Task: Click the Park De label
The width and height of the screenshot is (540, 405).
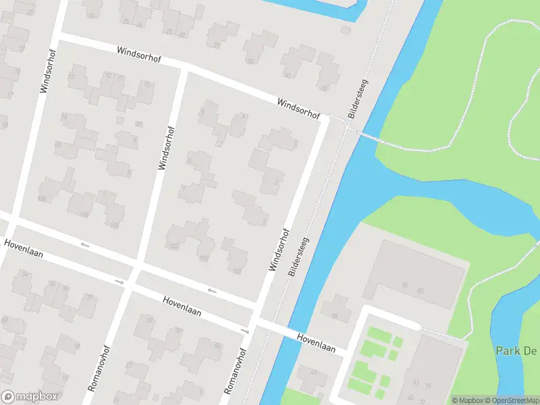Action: (x=516, y=351)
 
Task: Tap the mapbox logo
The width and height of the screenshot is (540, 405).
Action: (x=30, y=397)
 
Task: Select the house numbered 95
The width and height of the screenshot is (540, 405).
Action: (x=139, y=124)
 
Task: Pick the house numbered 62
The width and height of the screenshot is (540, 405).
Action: (x=313, y=372)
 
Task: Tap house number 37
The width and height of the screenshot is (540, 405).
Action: (x=88, y=298)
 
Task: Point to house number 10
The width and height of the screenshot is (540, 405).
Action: (x=147, y=84)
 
